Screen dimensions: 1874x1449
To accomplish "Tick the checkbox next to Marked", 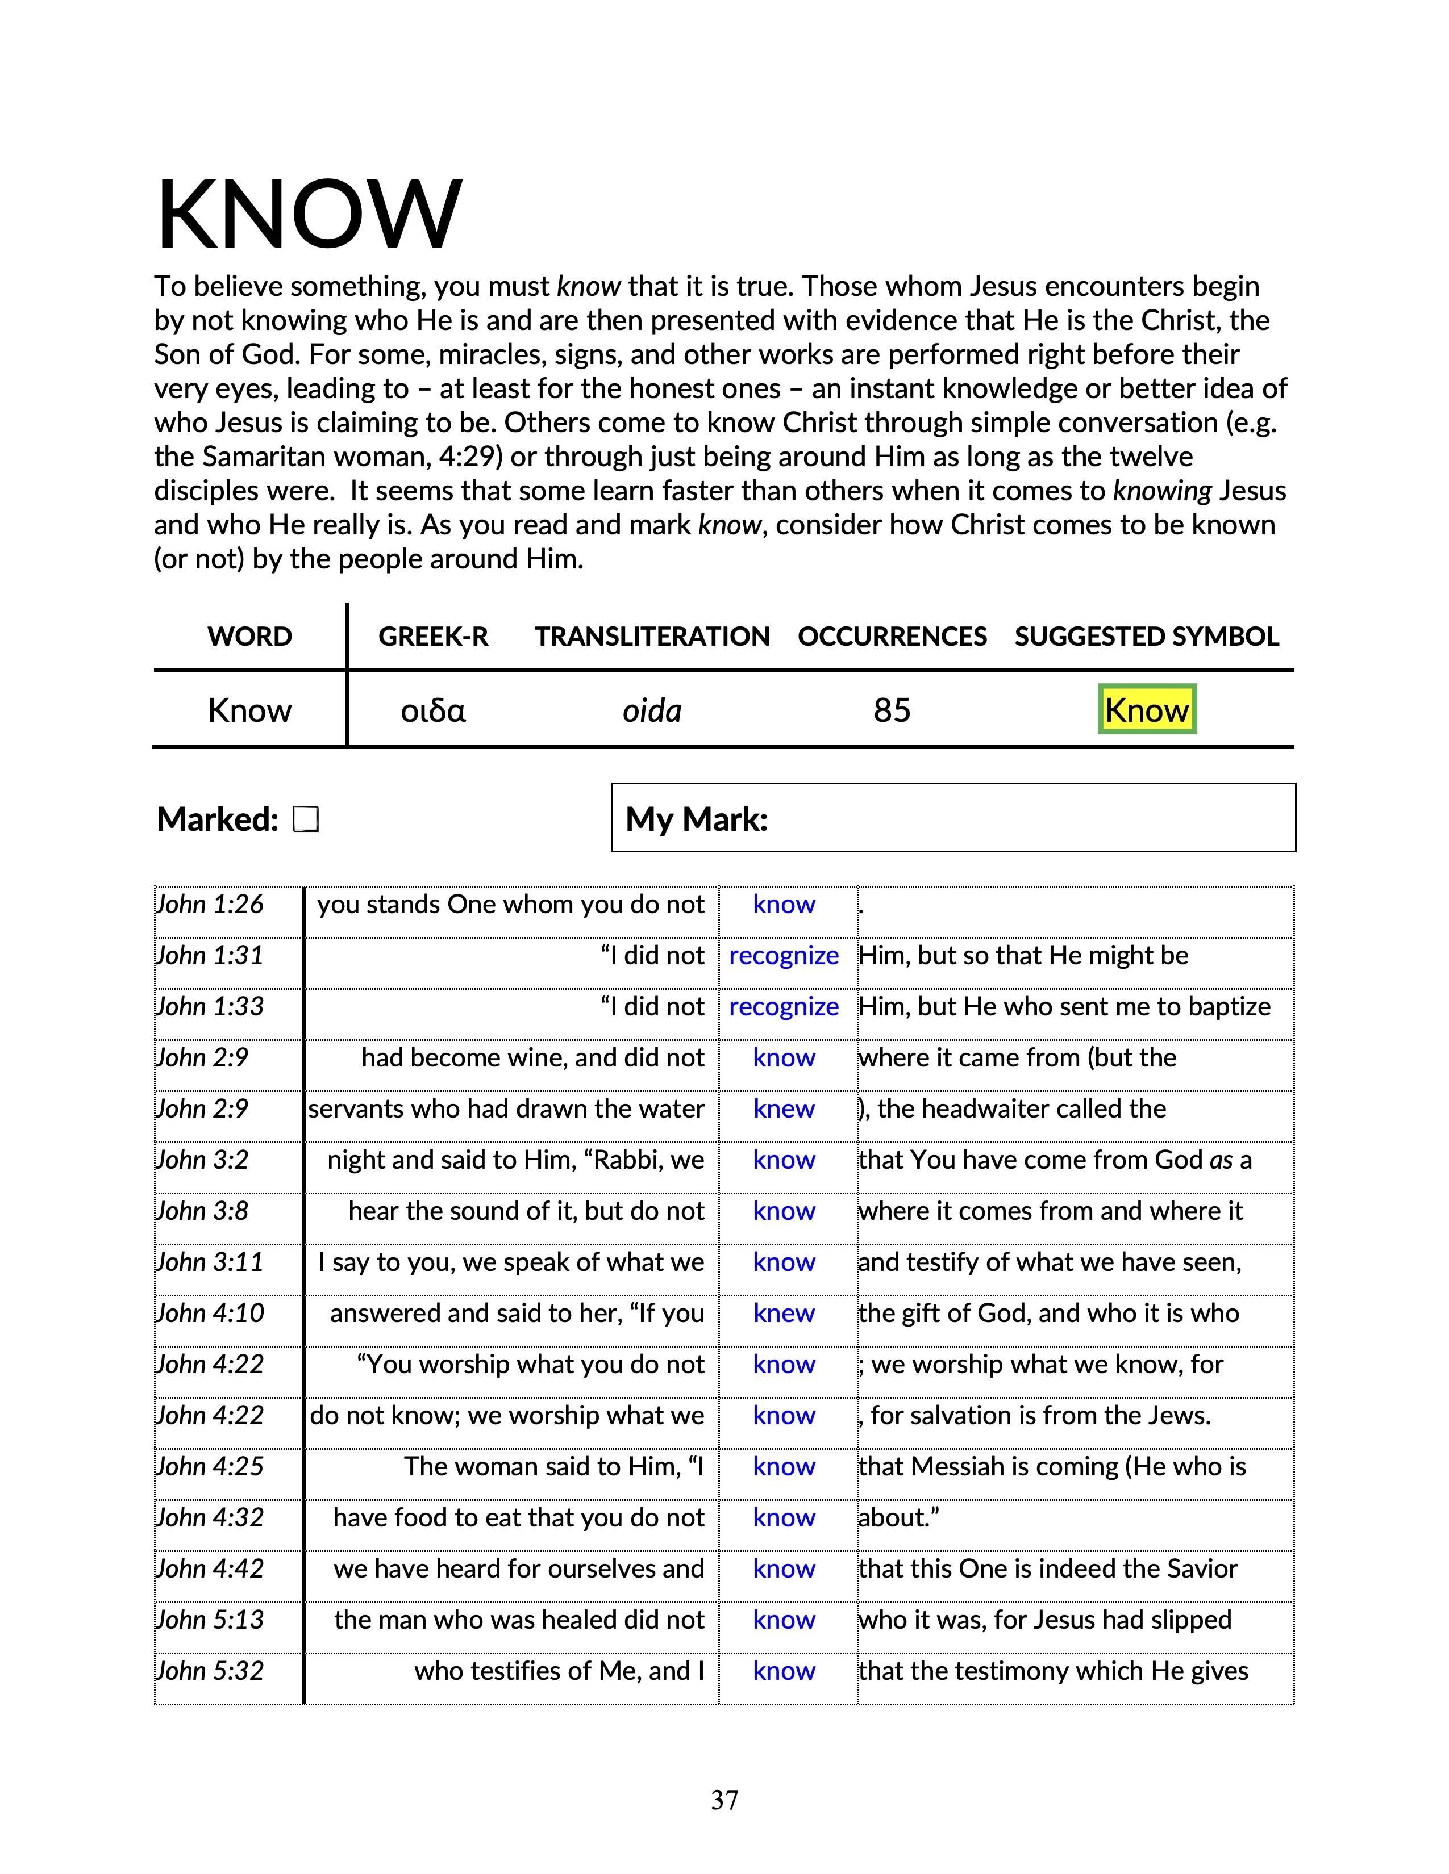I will (306, 819).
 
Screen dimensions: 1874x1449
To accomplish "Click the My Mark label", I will (696, 819).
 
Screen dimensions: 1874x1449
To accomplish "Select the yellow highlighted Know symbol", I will (1146, 710).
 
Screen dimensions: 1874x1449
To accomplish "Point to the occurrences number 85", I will (892, 710).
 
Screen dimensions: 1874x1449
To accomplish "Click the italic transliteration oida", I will (652, 710).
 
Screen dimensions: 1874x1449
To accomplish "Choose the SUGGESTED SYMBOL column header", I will (1146, 637).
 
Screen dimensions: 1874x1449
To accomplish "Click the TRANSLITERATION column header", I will (652, 637).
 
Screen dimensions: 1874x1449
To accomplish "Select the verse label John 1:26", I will (210, 905).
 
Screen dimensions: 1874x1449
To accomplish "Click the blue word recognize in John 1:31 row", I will (783, 956).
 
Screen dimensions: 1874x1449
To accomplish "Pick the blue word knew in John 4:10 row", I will (783, 1313).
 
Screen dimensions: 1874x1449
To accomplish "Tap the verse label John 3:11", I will (210, 1262).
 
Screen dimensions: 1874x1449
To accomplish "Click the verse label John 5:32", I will (210, 1671).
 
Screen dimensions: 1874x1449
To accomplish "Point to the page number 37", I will (724, 1800).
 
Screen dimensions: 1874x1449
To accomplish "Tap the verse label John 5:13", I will (210, 1620).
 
